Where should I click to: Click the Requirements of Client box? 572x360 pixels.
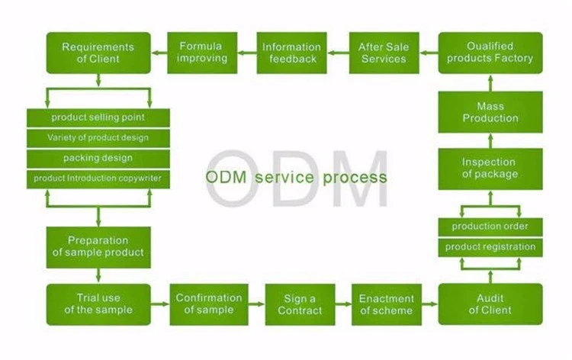click(x=98, y=53)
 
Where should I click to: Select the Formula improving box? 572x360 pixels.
click(x=203, y=53)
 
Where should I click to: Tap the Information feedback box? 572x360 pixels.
click(x=291, y=53)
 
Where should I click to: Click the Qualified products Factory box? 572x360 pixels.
click(x=490, y=53)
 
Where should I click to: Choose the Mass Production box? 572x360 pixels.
click(x=490, y=113)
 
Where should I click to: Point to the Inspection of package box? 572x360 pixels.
click(x=490, y=169)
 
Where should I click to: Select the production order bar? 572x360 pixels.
click(x=490, y=227)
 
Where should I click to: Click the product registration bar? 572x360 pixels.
click(x=490, y=247)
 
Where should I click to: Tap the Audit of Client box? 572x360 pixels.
click(x=490, y=304)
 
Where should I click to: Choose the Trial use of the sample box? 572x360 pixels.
click(x=98, y=304)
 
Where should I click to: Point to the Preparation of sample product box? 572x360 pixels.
click(x=98, y=247)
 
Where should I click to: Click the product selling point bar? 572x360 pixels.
click(x=98, y=117)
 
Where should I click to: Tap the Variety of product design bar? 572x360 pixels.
click(x=98, y=138)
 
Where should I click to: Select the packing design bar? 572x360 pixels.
click(x=98, y=159)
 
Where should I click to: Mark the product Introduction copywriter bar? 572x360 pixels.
click(x=98, y=178)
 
